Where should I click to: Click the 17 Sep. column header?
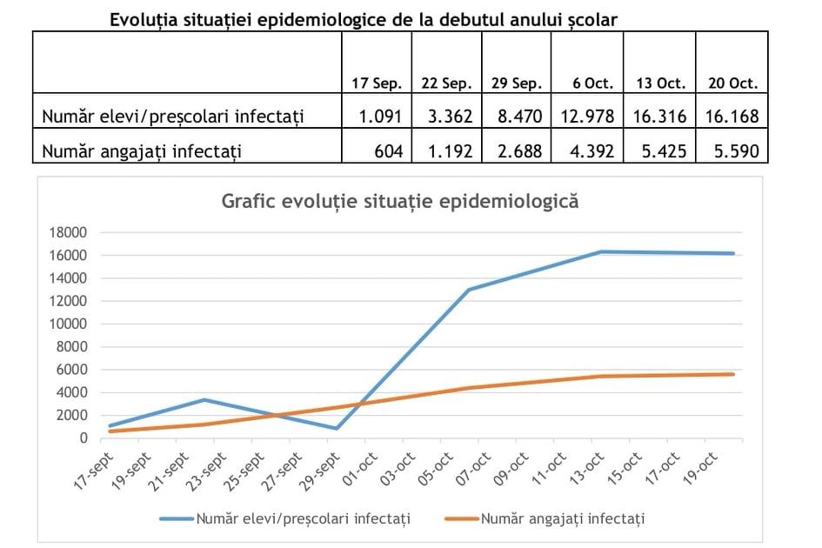[x=377, y=84]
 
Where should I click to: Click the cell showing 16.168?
[x=732, y=116]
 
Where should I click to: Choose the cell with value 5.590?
[x=732, y=151]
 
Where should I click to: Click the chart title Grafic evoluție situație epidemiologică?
[x=400, y=201]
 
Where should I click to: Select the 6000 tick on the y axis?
[x=73, y=370]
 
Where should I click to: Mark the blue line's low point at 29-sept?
[x=335, y=428]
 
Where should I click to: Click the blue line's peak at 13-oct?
[x=602, y=252]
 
